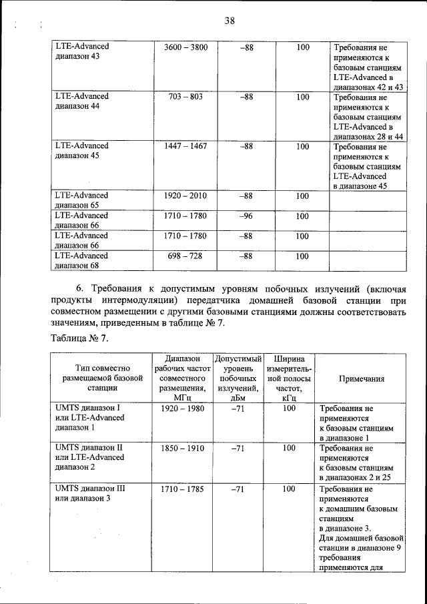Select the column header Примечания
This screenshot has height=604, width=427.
pos(361,378)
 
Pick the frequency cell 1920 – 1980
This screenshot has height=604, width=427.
pos(182,408)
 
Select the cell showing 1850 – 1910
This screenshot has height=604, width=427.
pos(182,448)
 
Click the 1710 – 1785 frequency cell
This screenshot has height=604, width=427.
pos(182,489)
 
